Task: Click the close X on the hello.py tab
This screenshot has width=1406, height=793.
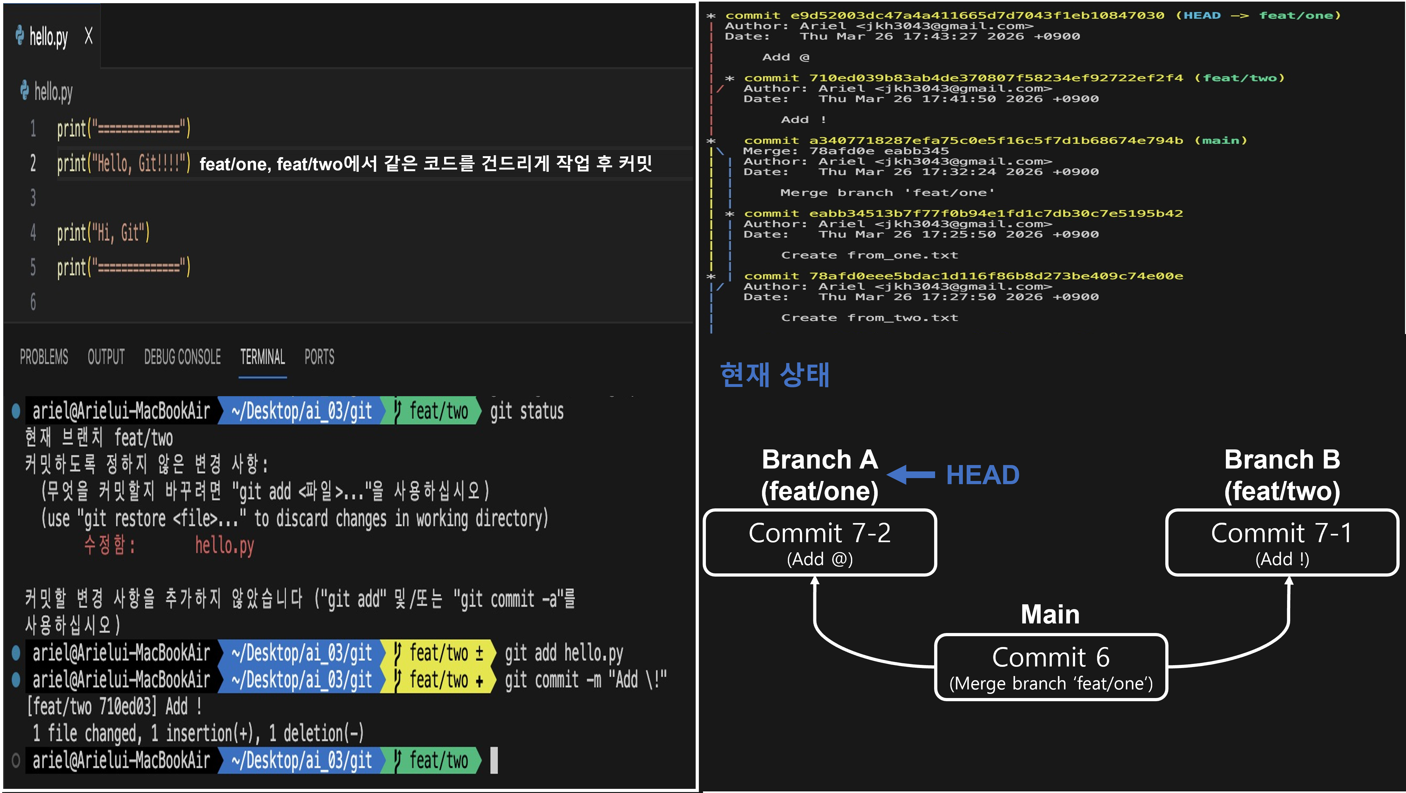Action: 88,37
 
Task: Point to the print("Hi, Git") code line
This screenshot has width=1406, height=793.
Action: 103,233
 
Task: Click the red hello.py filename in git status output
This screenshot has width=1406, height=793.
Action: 224,546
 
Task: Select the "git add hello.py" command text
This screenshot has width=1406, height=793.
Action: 564,653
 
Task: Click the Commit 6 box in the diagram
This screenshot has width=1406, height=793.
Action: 1051,667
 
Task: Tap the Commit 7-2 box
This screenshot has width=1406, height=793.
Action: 820,542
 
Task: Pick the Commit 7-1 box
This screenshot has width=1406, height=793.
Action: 1282,542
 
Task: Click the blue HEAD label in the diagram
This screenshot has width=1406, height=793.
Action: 983,475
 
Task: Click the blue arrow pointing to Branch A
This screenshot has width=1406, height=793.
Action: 911,475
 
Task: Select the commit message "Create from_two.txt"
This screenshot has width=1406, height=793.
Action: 869,318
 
